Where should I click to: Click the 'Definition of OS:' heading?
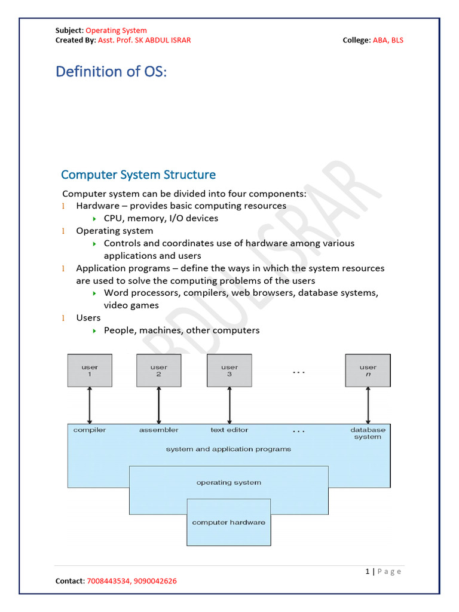tap(112, 72)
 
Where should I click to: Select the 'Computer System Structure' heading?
tap(138, 175)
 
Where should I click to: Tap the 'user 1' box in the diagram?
tap(90, 371)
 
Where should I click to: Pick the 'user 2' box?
tap(159, 371)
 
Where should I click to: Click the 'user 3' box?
tap(229, 371)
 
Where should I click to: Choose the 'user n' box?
tap(368, 371)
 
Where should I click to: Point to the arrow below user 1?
tap(90, 405)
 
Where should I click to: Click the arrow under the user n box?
tap(368, 405)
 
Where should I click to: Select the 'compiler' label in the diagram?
tap(90, 430)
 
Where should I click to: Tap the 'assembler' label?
tap(159, 430)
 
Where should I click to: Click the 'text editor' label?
tap(229, 430)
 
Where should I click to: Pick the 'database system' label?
tap(368, 433)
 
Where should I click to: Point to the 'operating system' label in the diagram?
tap(229, 482)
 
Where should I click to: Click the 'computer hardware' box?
tap(229, 522)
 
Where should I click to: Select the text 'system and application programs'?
tap(229, 449)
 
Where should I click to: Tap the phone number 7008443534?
tap(109, 581)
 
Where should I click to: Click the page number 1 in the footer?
tap(368, 571)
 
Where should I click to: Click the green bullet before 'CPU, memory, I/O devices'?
tap(94, 219)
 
